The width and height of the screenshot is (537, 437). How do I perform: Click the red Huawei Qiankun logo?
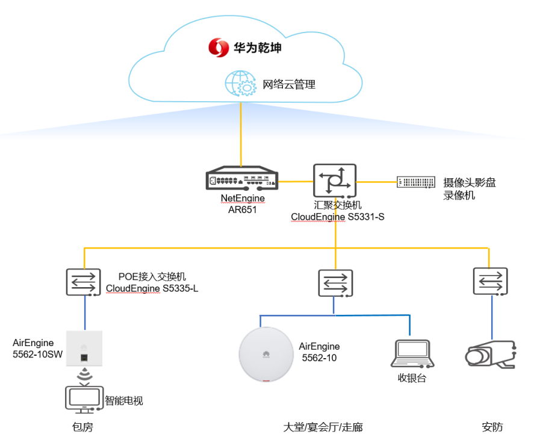pos(218,48)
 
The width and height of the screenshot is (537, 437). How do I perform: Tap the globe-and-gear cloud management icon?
pos(240,83)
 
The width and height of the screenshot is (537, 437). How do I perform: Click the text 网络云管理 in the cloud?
pos(289,84)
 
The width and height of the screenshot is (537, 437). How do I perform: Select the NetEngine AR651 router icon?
pos(242,178)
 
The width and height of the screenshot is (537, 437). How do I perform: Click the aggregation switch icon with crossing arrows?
pos(335,181)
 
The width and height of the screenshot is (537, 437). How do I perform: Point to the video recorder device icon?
pos(416,182)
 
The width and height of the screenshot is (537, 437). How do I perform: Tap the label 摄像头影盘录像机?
pos(469,189)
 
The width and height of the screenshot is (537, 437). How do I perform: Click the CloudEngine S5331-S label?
pos(337,217)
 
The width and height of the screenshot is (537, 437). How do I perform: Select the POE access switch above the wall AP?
pos(83,282)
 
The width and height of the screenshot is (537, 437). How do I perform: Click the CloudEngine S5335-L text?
pos(152,288)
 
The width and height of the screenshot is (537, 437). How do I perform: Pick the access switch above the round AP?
pos(335,284)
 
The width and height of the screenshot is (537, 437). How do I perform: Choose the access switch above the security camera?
pos(491,282)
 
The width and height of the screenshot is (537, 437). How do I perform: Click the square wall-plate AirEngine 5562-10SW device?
pos(84,349)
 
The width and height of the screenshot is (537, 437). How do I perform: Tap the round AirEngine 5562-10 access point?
pos(266,355)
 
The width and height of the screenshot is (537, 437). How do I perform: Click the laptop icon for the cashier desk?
pos(412,354)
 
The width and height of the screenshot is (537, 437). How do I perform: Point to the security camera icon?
pos(491,355)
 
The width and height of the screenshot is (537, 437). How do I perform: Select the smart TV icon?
pos(84,400)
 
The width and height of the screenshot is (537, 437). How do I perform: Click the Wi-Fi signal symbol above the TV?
pos(84,374)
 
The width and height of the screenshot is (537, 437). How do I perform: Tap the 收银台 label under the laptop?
pos(412,378)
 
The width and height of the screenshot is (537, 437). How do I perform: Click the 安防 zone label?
pos(492,427)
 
